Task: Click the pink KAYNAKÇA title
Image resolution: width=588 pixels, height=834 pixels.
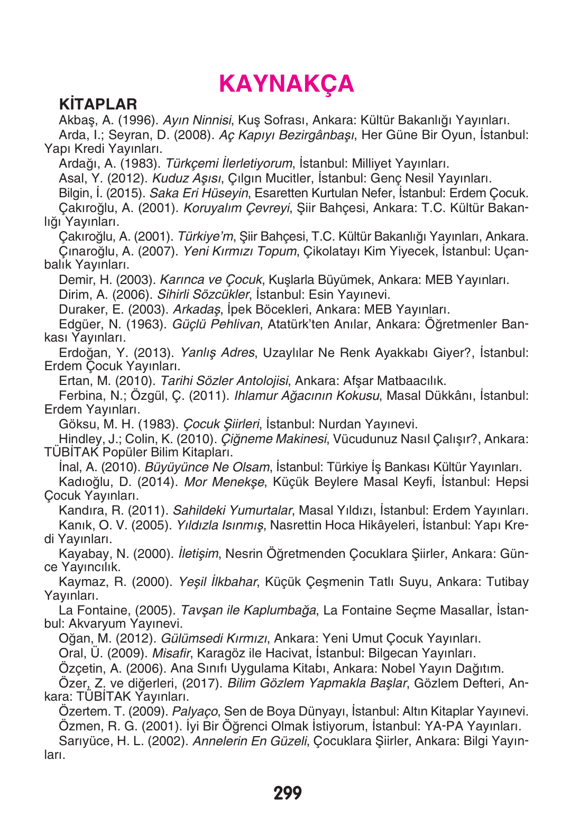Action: (286, 84)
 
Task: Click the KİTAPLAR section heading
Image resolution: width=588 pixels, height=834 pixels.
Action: (98, 104)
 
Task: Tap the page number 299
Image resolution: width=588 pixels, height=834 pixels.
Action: (288, 793)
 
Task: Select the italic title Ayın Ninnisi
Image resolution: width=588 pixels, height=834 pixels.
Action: (197, 121)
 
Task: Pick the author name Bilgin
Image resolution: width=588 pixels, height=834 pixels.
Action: (75, 194)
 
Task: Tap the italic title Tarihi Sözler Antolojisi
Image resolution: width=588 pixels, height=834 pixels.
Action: (224, 381)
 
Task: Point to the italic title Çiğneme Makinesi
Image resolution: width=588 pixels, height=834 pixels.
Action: (273, 439)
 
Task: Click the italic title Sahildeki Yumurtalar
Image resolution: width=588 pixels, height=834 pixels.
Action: (232, 511)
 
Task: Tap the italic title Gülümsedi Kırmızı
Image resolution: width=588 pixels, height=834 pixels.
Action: (214, 639)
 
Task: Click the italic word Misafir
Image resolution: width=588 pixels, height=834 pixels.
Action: (171, 654)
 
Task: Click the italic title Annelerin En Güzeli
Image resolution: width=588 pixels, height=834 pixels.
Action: (249, 741)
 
